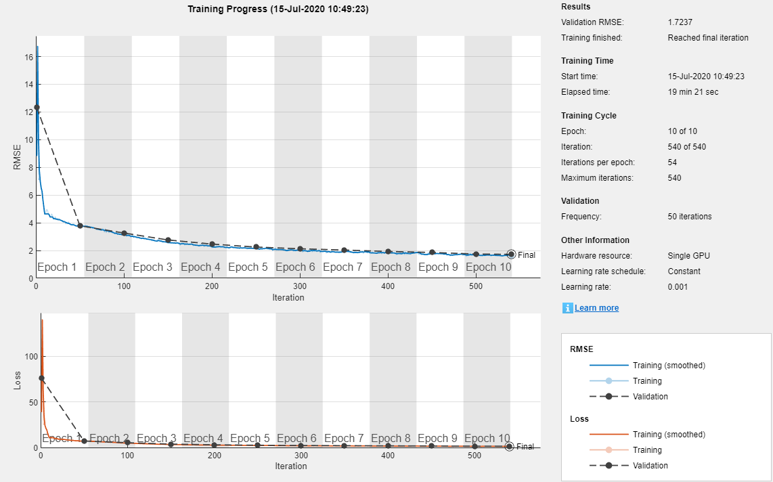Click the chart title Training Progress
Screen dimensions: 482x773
tap(278, 9)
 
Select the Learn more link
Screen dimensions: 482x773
tap(596, 308)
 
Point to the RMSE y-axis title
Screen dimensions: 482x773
tap(18, 156)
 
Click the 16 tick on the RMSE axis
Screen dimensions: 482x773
tap(29, 58)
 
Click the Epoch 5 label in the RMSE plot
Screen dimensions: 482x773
tap(247, 267)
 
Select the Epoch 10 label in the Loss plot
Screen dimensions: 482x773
tap(486, 439)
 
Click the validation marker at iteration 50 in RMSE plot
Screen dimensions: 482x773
tap(80, 225)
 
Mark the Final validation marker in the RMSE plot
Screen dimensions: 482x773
tap(511, 255)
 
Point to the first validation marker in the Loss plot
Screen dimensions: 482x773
tap(41, 378)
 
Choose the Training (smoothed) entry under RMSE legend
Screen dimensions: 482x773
tap(668, 366)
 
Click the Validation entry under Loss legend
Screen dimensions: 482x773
tap(650, 466)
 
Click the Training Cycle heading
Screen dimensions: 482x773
tap(589, 116)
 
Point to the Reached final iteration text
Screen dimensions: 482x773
tap(707, 38)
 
